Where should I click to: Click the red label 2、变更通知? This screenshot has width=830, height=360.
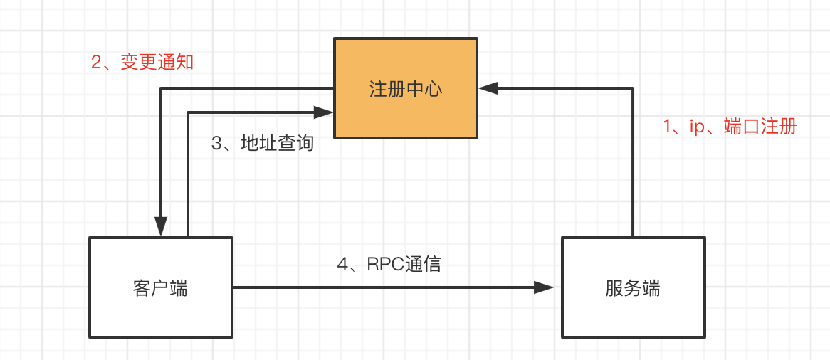[x=142, y=63]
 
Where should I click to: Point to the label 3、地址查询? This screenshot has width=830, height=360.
[x=263, y=143]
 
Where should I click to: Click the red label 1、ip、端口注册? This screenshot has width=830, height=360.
[x=730, y=127]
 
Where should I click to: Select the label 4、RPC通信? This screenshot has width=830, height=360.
[x=389, y=264]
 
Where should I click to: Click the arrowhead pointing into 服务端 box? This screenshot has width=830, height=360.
[x=545, y=287]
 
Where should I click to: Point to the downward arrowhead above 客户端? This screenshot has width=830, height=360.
[x=162, y=226]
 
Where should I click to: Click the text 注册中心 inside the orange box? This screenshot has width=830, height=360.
[x=406, y=89]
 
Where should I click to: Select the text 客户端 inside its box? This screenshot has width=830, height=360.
[x=160, y=288]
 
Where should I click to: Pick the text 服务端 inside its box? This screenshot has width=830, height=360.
[x=633, y=288]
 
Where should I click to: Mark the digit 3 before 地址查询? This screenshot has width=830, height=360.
[x=217, y=143]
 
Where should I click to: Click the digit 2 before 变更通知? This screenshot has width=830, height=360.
[x=96, y=63]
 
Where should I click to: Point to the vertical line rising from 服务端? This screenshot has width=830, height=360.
[x=633, y=164]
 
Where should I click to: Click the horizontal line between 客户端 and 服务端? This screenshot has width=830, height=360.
[x=384, y=287]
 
